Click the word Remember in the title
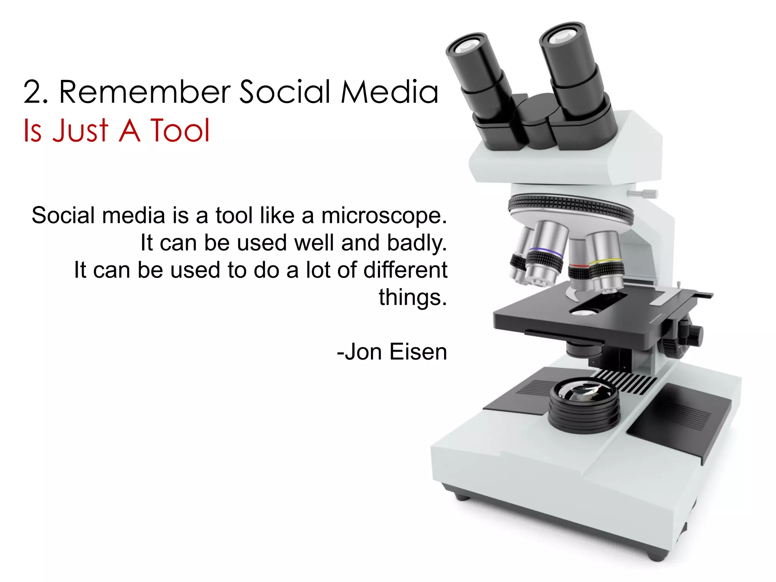click(x=145, y=92)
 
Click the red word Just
click(x=80, y=131)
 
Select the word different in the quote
click(x=405, y=270)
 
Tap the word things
click(x=413, y=297)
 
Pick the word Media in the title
click(x=389, y=92)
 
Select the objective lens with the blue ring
click(x=544, y=253)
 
